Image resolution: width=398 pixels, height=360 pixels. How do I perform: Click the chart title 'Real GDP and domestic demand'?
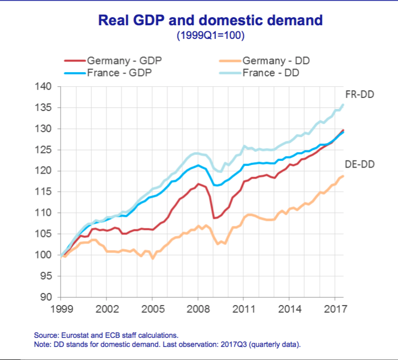pyautogui.click(x=210, y=20)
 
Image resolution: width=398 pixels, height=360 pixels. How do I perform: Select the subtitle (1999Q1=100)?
pyautogui.click(x=210, y=36)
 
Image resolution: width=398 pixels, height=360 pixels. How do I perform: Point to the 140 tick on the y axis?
pyautogui.click(x=45, y=87)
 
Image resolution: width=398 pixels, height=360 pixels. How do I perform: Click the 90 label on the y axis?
pyautogui.click(x=48, y=297)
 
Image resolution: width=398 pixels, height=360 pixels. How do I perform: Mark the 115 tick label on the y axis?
pyautogui.click(x=45, y=192)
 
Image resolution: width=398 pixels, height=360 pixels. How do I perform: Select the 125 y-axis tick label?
pyautogui.click(x=45, y=150)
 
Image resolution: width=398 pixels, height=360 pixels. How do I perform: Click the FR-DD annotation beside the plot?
pyautogui.click(x=360, y=94)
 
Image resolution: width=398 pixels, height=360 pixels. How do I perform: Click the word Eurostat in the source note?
pyautogui.click(x=74, y=335)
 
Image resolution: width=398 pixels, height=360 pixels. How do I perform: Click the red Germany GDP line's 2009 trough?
pyautogui.click(x=214, y=218)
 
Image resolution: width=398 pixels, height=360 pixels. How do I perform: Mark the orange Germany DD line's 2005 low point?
pyautogui.click(x=152, y=259)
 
